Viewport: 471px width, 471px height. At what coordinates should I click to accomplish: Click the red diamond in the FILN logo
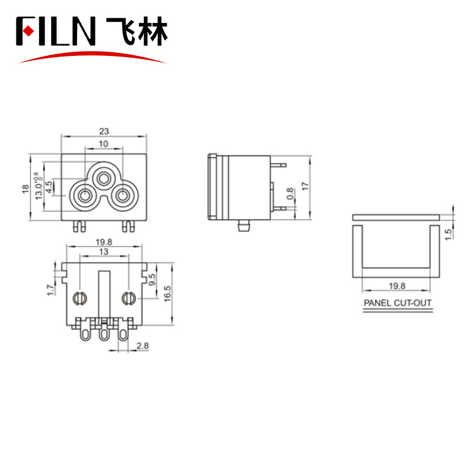pos(28,31)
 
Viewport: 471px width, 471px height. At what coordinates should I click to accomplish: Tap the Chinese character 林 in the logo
pos(152,31)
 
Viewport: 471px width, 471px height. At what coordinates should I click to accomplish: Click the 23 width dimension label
pos(104,131)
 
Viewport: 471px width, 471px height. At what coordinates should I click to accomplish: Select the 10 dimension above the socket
pos(104,144)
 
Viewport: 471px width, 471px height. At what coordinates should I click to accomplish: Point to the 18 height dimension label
pos(25,188)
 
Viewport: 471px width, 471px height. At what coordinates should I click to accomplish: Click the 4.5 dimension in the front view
pos(49,187)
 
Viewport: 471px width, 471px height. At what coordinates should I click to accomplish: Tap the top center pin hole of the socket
pos(104,180)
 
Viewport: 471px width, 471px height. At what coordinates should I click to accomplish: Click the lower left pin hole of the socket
pos(84,196)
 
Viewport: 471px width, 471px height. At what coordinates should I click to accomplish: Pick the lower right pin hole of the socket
pos(122,196)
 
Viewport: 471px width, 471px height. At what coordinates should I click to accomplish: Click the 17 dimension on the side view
pos(305,186)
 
